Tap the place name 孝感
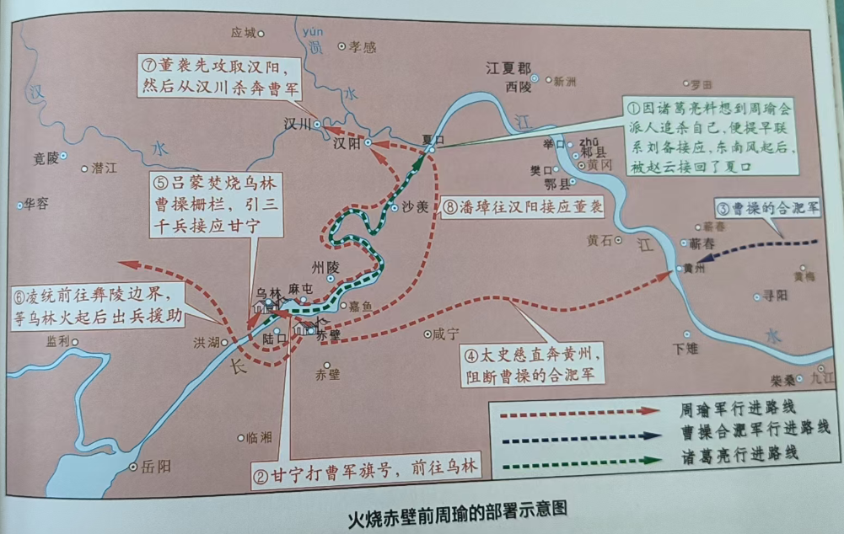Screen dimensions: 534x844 pyautogui.click(x=363, y=47)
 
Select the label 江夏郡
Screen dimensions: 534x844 pyautogui.click(x=508, y=67)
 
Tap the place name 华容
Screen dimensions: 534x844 pyautogui.click(x=36, y=203)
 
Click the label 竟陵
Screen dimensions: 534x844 pyautogui.click(x=47, y=158)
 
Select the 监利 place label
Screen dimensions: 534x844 pyautogui.click(x=57, y=341)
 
